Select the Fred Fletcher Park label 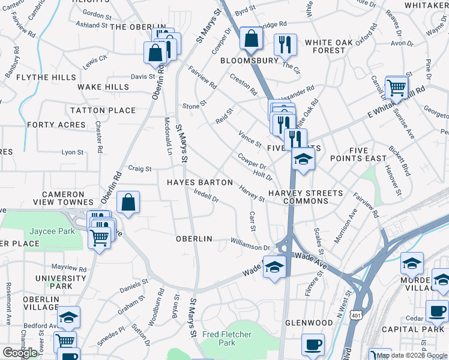tap(227, 338)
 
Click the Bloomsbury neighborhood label tap(249, 61)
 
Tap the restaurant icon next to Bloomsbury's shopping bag tap(285, 44)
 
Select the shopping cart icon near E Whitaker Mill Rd tap(396, 89)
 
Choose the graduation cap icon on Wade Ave tap(274, 266)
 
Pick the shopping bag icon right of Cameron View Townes tap(128, 203)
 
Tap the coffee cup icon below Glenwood tap(313, 345)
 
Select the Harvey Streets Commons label tap(306, 197)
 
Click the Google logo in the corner tap(20, 353)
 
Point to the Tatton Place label tap(103, 110)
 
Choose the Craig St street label tap(140, 169)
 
